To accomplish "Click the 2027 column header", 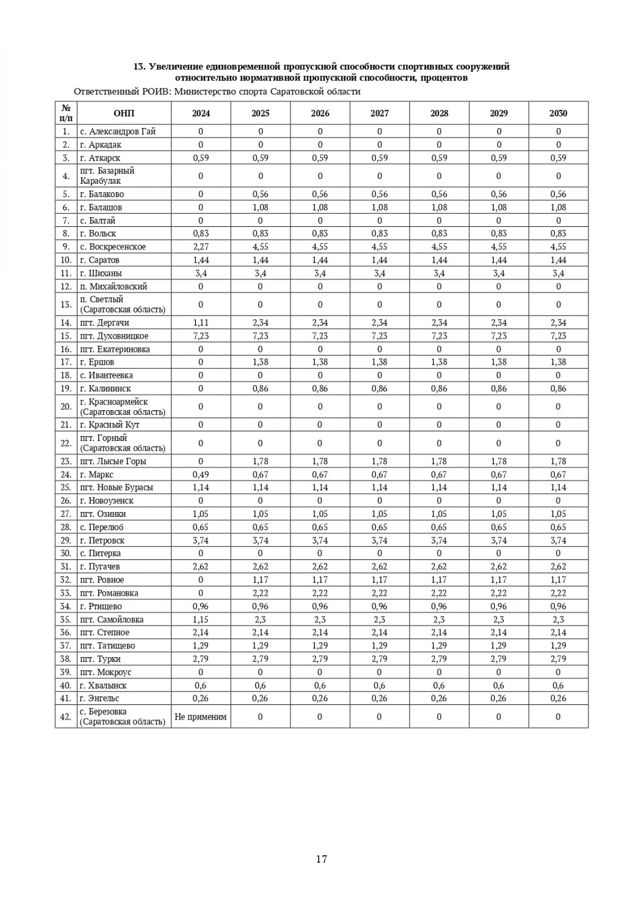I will point(380,113).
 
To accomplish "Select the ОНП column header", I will point(124,113).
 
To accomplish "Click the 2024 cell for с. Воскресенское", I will point(201,247).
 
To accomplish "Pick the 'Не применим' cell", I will point(201,716).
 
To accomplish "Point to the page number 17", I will point(321,858).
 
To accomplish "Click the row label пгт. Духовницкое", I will point(114,336).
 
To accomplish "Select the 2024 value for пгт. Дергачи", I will point(201,323).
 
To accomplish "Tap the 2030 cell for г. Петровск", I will point(558,541).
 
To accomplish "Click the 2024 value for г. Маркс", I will point(201,474).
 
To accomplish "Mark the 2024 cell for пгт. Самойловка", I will point(201,619).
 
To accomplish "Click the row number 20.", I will point(66,406).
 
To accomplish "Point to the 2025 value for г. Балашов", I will point(260,207).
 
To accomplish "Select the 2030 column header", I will point(558,113).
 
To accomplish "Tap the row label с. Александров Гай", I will point(118,131).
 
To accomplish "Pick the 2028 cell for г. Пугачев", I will point(439,567).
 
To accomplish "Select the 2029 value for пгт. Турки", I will point(499,659).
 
